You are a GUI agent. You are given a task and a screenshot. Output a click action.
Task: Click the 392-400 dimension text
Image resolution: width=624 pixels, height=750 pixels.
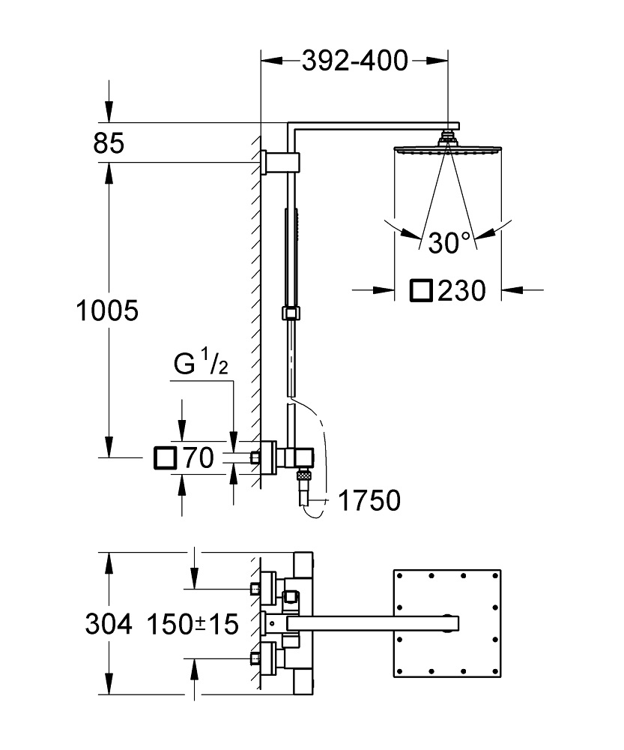point(354,61)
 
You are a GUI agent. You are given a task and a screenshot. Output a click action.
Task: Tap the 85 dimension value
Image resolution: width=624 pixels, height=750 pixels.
point(109,142)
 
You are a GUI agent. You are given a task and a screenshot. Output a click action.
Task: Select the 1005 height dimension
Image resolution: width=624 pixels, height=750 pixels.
point(108,310)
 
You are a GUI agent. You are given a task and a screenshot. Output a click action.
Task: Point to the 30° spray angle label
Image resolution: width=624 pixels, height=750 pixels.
point(449,242)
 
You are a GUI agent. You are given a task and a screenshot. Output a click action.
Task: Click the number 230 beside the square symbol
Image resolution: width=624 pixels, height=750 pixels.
point(462,289)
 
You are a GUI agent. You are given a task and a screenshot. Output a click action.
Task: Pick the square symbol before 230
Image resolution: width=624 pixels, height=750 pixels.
point(422,289)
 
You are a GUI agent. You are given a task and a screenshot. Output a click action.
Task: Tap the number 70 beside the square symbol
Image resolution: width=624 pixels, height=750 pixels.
point(199,457)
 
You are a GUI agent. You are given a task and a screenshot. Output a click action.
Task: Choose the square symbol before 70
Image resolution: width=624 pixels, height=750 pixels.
point(164,457)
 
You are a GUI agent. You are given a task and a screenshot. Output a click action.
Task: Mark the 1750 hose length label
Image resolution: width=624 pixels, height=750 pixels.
point(369,500)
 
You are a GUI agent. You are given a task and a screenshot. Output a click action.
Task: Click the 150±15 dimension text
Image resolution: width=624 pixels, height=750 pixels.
point(193,622)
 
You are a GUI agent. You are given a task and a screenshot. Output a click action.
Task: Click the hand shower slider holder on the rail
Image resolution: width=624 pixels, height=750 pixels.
point(289,313)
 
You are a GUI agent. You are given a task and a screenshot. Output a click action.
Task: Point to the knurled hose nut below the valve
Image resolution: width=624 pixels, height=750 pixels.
point(303,474)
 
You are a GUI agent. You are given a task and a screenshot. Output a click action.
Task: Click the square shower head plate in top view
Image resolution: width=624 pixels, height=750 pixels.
point(446,622)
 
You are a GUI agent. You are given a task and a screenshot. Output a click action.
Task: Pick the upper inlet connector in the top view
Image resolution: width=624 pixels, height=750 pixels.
point(265,586)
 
